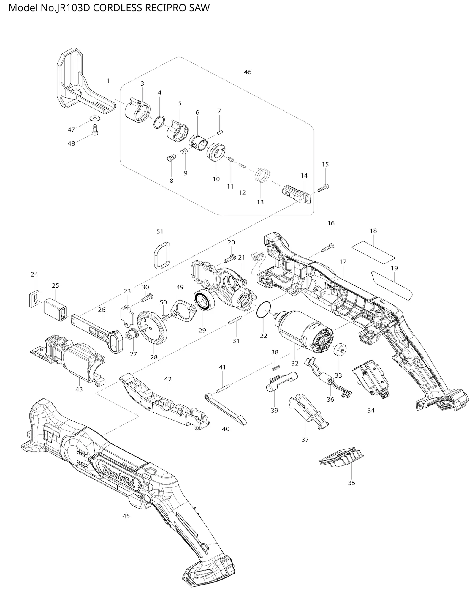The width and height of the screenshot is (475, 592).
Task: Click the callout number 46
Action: click(248, 72)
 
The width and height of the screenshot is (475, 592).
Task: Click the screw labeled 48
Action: click(95, 130)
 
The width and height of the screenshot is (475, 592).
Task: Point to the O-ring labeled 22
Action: click(264, 310)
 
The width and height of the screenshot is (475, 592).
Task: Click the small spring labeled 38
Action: click(276, 367)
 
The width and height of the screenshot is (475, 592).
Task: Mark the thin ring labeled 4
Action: click(159, 122)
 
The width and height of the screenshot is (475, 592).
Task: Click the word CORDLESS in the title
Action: click(118, 8)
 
